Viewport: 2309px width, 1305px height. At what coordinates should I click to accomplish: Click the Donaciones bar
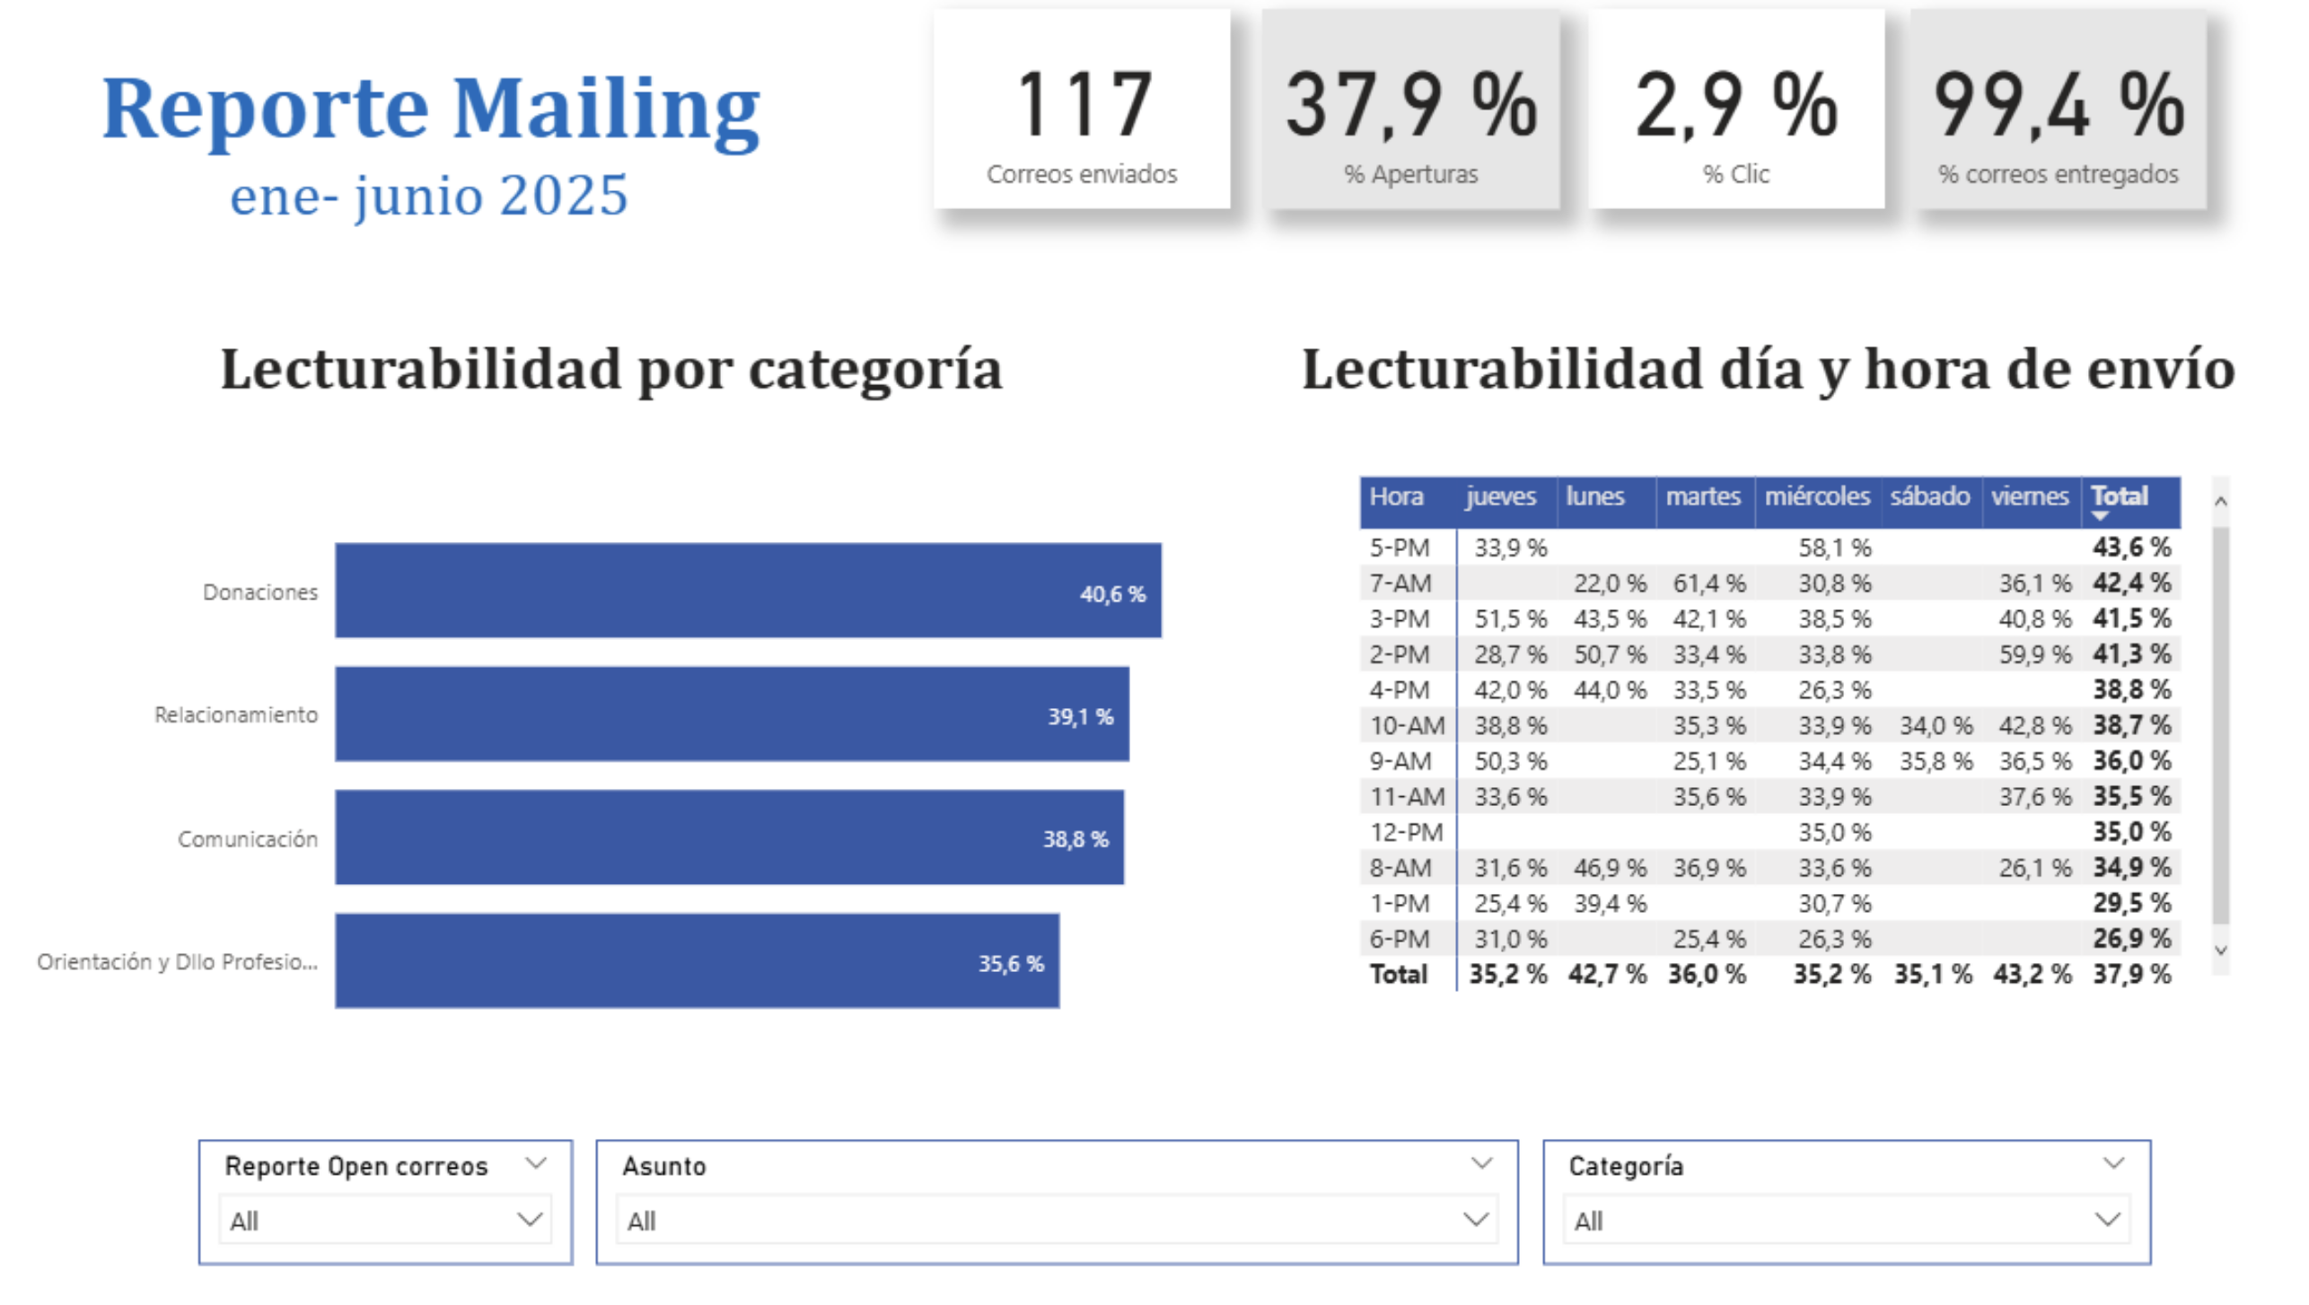747,590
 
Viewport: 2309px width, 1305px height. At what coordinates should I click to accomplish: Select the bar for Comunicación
729,837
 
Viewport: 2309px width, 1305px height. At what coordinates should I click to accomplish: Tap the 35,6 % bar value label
1010,963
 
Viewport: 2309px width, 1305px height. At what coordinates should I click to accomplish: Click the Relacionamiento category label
236,714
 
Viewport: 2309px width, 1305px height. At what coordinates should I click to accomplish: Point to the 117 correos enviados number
1083,106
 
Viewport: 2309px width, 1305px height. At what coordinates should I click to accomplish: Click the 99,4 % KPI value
2058,106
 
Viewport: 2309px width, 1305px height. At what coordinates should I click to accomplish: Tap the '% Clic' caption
1735,174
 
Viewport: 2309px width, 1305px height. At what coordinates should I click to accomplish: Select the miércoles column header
1816,496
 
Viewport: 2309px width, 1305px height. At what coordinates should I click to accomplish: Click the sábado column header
1929,496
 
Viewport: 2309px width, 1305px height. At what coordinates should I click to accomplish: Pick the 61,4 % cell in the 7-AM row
1708,583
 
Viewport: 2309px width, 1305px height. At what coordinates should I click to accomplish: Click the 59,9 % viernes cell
2034,654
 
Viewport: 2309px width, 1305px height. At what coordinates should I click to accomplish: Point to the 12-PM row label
1406,832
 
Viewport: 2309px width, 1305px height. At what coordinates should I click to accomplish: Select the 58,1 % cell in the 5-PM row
1834,547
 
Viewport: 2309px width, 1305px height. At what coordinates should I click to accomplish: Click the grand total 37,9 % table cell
2131,974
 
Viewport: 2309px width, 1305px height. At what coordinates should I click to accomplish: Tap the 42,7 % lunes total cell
1607,974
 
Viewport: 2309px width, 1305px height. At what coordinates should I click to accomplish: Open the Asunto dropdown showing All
1057,1221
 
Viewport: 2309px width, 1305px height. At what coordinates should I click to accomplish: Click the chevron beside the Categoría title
2113,1164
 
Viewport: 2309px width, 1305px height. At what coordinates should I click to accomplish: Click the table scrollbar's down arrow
2221,950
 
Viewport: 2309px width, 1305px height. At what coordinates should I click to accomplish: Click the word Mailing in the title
606,109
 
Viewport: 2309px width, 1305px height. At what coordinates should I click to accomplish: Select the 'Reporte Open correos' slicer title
356,1166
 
